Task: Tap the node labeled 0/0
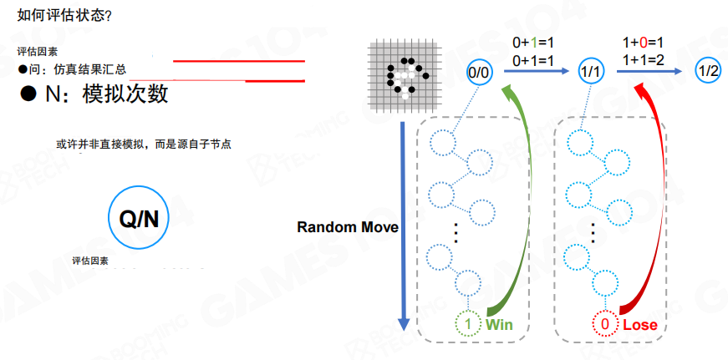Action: coord(480,72)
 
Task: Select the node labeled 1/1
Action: coord(590,73)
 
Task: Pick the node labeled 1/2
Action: coord(707,72)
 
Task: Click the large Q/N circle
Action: coord(139,219)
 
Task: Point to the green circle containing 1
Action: coord(470,324)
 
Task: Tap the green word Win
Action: coord(499,324)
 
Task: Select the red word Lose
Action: coord(639,324)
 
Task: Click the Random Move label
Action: coord(347,227)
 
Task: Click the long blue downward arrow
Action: coord(404,226)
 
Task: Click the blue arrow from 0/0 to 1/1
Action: coord(535,73)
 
